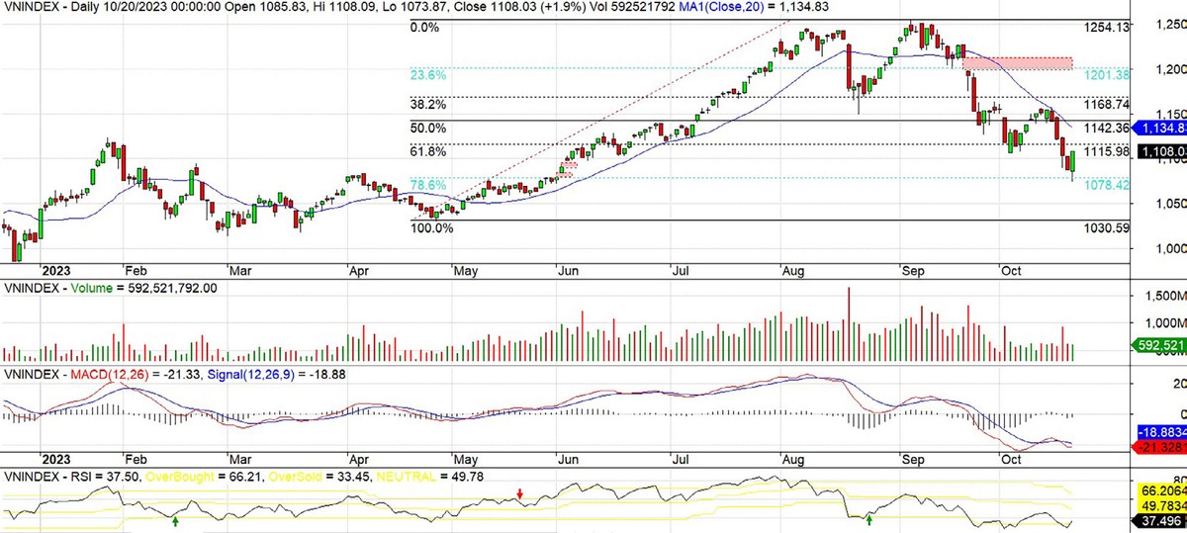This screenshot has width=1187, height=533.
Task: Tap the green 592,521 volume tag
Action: pyautogui.click(x=1158, y=345)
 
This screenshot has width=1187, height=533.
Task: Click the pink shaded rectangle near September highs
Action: pyautogui.click(x=1017, y=63)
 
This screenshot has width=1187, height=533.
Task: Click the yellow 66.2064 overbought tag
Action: pyautogui.click(x=1158, y=489)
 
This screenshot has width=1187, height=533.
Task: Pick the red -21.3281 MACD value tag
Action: pyautogui.click(x=1158, y=448)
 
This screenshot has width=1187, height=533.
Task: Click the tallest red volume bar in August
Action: pyautogui.click(x=848, y=325)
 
